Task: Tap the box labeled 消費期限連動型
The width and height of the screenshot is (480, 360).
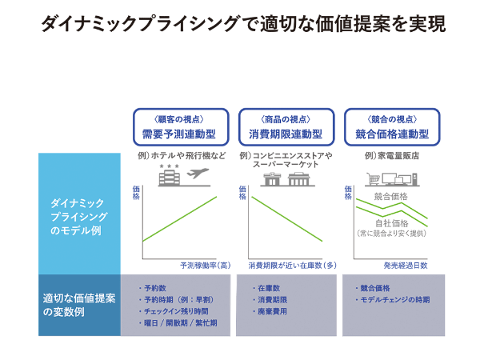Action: [x=286, y=126]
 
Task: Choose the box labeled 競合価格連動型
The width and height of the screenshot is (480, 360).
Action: [x=392, y=126]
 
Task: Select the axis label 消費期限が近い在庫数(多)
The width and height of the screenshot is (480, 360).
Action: [x=292, y=266]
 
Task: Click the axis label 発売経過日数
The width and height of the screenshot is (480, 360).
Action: [x=406, y=266]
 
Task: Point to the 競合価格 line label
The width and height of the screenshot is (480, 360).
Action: [x=391, y=196]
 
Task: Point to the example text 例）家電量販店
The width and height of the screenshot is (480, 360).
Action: [x=392, y=156]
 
